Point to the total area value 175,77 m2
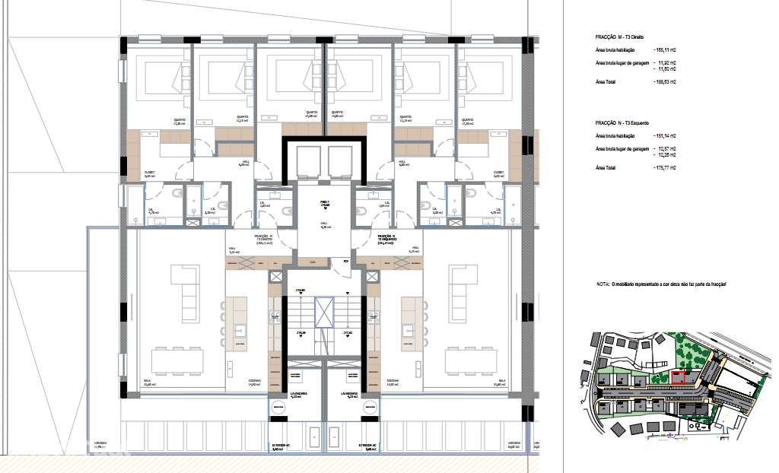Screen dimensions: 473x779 coord(665,167)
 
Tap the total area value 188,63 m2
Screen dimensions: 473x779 coord(665,81)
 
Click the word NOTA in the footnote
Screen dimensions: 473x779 coord(603,284)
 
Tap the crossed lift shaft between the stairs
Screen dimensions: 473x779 coord(324,313)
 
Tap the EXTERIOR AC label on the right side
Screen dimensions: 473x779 coord(368,446)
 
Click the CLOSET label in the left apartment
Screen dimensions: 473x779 coord(151,173)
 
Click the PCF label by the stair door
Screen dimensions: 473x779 coord(345,261)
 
